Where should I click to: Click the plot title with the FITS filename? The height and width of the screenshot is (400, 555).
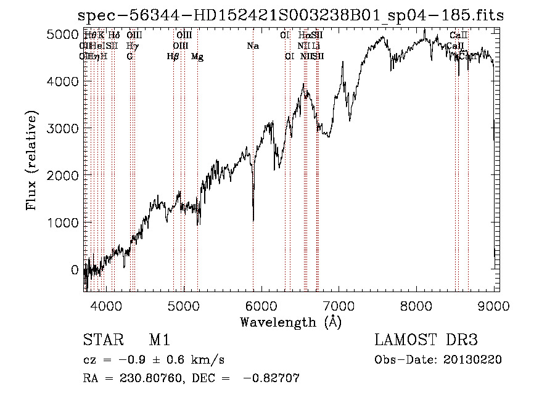tap(292, 15)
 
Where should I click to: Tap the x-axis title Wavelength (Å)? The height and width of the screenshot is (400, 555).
tap(291, 321)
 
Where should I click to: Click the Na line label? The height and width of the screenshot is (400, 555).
tap(252, 46)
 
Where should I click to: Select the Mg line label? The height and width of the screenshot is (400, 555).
tap(197, 57)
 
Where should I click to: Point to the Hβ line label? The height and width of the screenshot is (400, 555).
tap(173, 57)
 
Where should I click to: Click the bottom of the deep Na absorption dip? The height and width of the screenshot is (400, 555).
tap(253, 220)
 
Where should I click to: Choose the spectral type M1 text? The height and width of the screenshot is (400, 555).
tap(159, 340)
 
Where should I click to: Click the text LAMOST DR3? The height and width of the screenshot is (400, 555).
tap(426, 340)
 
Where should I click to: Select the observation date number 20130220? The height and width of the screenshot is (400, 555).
tap(472, 360)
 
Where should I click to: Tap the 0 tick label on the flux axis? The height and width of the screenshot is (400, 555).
tap(75, 269)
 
